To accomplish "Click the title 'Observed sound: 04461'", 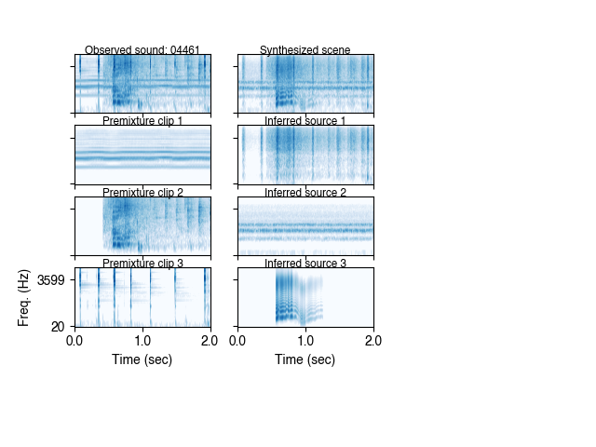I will point(142,50).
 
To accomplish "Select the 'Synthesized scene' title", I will point(305,50).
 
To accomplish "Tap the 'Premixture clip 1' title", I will point(142,121).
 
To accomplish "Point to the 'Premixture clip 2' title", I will point(142,193).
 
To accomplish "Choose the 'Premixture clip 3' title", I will point(142,264).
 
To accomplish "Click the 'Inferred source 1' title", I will point(305,121).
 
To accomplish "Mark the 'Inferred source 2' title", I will point(305,193).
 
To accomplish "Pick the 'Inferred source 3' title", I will point(305,264).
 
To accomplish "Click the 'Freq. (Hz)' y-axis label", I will point(24,298).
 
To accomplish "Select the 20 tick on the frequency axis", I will point(58,325).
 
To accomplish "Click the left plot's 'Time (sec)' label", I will point(142,359).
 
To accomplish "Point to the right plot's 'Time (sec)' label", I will point(305,359).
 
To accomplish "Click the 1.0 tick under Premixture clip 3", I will point(142,341).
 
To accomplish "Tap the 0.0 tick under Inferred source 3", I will point(238,341).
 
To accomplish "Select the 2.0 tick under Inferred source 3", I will point(373,341).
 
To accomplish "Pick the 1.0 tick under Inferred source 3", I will point(305,341).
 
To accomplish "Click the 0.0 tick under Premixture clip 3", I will point(75,341).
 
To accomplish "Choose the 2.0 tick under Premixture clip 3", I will point(210,341).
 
